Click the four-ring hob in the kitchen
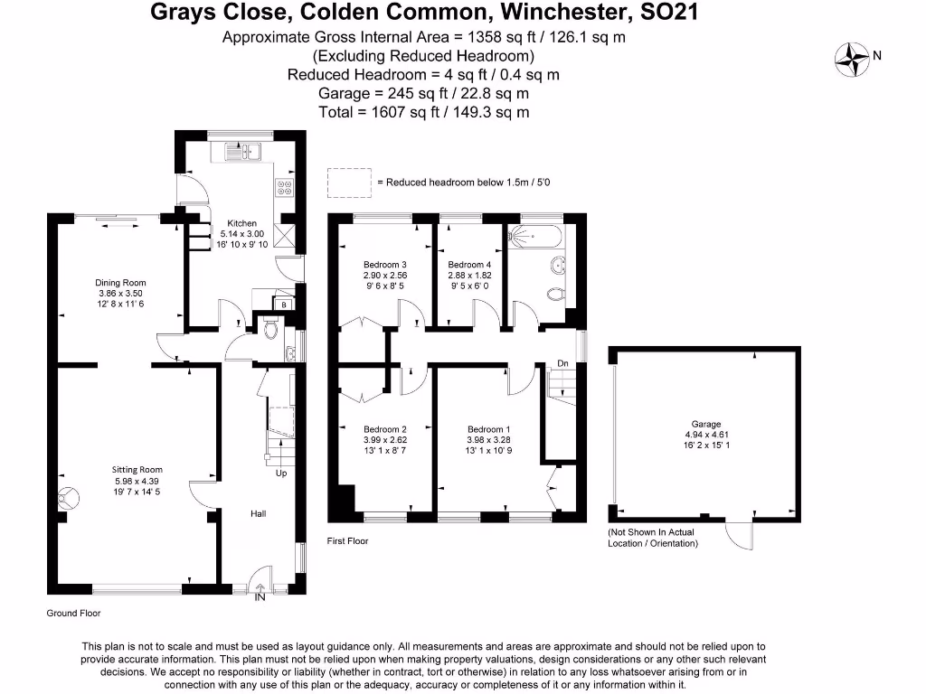tap(284, 188)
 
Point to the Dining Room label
tap(120, 282)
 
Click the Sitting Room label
tap(137, 469)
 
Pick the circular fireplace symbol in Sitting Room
tap(68, 495)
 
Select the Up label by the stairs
tap(281, 473)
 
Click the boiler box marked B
tap(284, 305)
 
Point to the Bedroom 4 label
tap(469, 264)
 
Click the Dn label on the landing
tap(562, 363)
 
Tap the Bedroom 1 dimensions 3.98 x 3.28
tap(489, 440)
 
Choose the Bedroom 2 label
tap(385, 429)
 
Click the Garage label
tap(706, 424)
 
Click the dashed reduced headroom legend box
tap(349, 182)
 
